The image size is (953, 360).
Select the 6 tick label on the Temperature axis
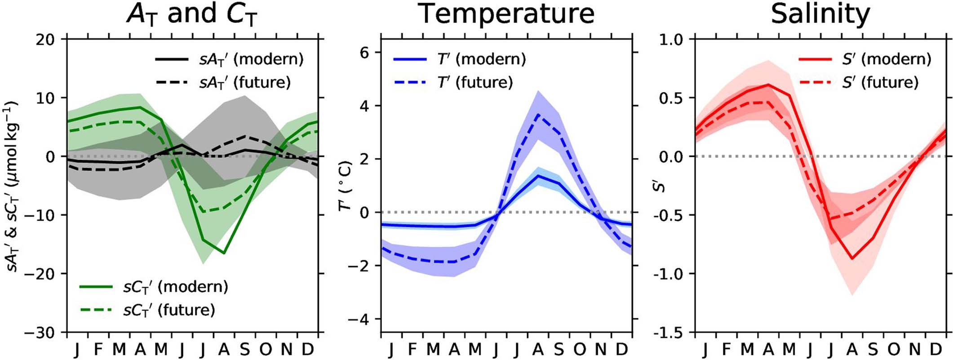coord(364,53)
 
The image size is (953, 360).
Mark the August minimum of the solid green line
coord(224,253)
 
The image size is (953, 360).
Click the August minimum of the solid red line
coord(852,259)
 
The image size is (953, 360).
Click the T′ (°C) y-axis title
coord(346,186)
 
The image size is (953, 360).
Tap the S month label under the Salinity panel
coord(873,349)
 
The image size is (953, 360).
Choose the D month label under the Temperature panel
coord(622,349)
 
